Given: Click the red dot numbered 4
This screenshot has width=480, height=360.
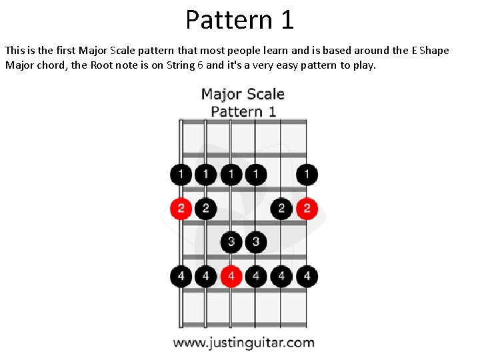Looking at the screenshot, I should pyautogui.click(x=231, y=275).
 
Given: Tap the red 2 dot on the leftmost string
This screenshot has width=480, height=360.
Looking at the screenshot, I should pyautogui.click(x=181, y=209).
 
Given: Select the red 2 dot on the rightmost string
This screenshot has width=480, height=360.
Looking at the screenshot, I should pyautogui.click(x=307, y=209).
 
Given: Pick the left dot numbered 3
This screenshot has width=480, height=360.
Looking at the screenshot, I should pyautogui.click(x=231, y=241).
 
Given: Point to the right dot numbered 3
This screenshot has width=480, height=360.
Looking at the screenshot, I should pyautogui.click(x=256, y=241).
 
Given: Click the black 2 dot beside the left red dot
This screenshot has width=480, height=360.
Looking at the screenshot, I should pyautogui.click(x=205, y=209).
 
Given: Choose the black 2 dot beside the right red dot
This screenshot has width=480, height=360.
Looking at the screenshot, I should pyautogui.click(x=281, y=209).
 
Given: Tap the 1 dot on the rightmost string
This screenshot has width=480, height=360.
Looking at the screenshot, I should pyautogui.click(x=307, y=175).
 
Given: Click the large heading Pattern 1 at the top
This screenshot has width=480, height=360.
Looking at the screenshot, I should pyautogui.click(x=239, y=20).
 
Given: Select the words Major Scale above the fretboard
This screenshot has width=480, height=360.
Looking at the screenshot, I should pyautogui.click(x=243, y=94).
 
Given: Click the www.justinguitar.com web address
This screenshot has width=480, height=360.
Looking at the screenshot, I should pyautogui.click(x=243, y=343).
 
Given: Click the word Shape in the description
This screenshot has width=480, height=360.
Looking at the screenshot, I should pyautogui.click(x=434, y=51).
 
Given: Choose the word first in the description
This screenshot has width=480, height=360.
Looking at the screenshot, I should pyautogui.click(x=63, y=51).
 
